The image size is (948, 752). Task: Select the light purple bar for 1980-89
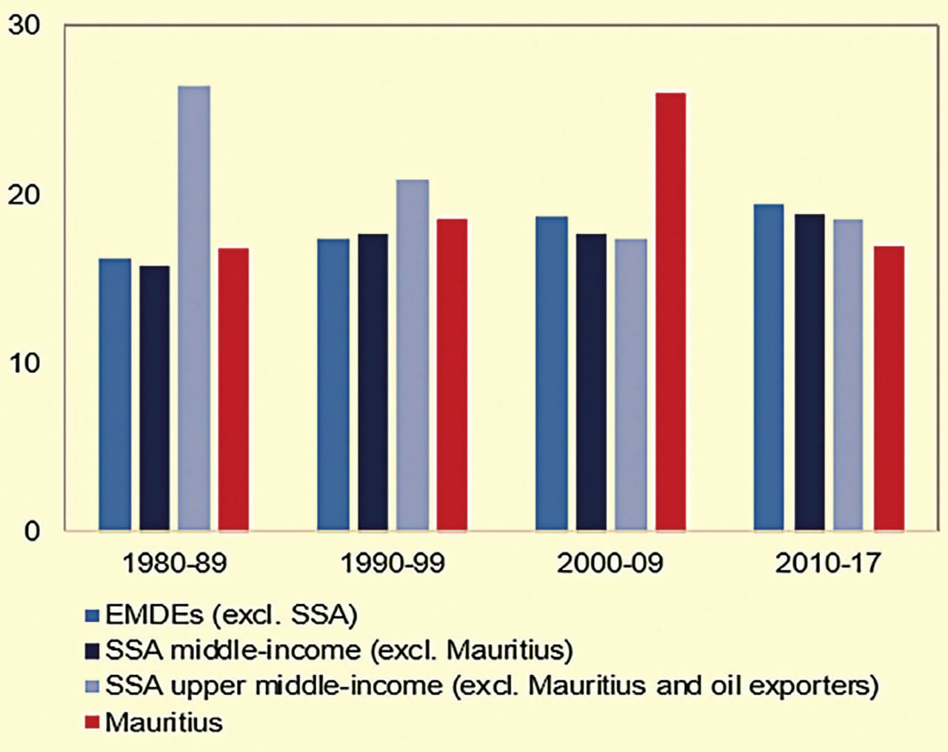[194, 308]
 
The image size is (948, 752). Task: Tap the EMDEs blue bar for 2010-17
[769, 367]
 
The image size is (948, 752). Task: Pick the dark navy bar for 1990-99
[373, 382]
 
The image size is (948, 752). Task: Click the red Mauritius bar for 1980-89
[233, 389]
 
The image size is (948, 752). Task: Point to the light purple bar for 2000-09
[630, 385]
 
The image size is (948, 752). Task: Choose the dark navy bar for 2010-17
[810, 372]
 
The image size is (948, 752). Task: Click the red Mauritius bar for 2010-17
[889, 388]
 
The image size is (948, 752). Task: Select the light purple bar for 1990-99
[412, 355]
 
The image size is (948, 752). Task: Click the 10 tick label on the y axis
[24, 363]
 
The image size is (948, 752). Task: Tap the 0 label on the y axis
[31, 531]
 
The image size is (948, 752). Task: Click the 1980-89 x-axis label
[174, 564]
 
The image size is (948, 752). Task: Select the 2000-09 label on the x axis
[610, 564]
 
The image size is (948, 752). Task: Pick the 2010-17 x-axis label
[829, 564]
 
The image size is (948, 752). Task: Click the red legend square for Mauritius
[93, 722]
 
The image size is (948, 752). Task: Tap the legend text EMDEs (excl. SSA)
[232, 614]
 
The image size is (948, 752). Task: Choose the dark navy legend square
[93, 651]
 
